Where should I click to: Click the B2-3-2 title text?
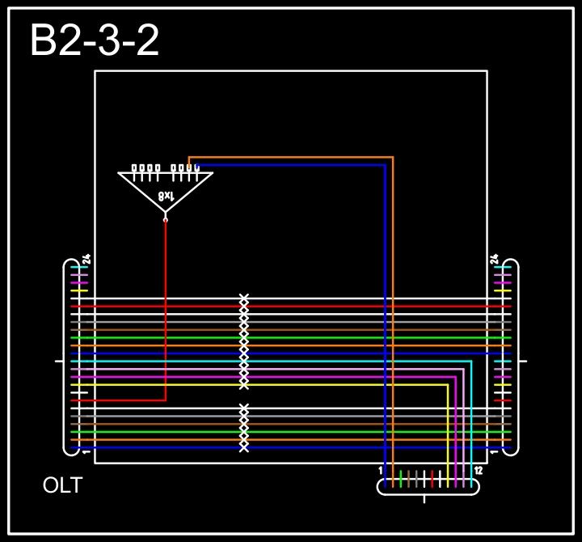pyautogui.click(x=95, y=40)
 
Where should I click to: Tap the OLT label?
pyautogui.click(x=62, y=485)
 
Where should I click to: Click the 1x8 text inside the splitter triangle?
pyautogui.click(x=166, y=196)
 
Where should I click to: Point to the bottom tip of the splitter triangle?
pyautogui.click(x=166, y=216)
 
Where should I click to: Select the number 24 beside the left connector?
pyautogui.click(x=86, y=260)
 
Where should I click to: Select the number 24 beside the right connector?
pyautogui.click(x=494, y=260)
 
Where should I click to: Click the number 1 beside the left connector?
pyautogui.click(x=86, y=452)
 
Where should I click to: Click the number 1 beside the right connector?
pyautogui.click(x=494, y=452)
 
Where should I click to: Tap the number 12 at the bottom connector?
pyautogui.click(x=478, y=470)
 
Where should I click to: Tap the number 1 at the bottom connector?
pyautogui.click(x=381, y=470)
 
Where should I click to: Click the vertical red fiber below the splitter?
pyautogui.click(x=166, y=307)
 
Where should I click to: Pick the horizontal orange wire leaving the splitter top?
pyautogui.click(x=291, y=157)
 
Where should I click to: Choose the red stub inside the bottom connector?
pyautogui.click(x=432, y=479)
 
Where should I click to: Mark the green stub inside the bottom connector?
pyautogui.click(x=401, y=479)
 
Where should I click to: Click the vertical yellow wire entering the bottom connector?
pyautogui.click(x=448, y=429)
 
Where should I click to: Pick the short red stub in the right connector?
pyautogui.click(x=503, y=400)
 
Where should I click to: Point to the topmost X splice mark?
pyautogui.click(x=243, y=299)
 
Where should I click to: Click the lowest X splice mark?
pyautogui.click(x=243, y=447)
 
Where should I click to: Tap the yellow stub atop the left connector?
pyautogui.click(x=78, y=290)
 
